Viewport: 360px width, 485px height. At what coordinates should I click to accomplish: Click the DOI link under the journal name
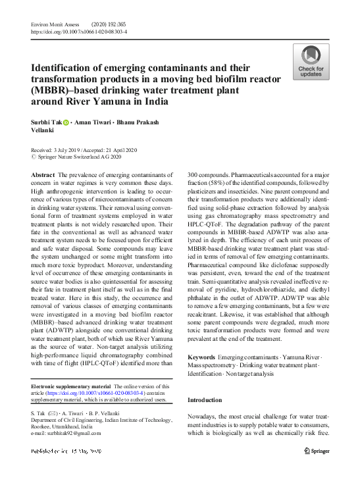point(79,31)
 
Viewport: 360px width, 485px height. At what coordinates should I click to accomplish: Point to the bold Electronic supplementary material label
point(71,386)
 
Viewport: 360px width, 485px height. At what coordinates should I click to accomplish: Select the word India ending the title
point(157,101)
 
